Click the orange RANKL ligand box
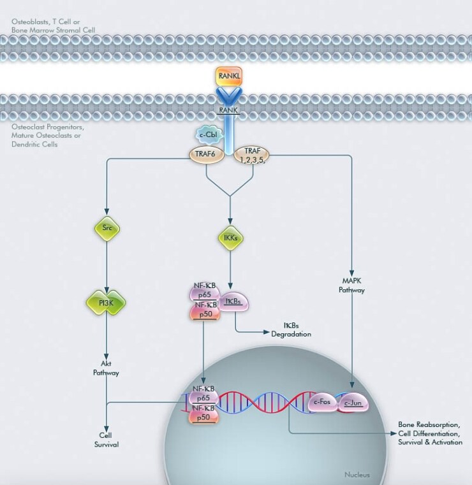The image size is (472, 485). (228, 76)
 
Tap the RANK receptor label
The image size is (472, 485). (228, 110)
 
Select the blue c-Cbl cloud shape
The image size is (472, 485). (207, 135)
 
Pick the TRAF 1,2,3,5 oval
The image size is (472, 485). (251, 154)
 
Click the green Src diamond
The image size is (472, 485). (107, 228)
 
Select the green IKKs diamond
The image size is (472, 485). (230, 238)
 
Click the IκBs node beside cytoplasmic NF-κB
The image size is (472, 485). (233, 301)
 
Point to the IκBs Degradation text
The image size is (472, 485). (291, 329)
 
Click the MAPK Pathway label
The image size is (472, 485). (351, 285)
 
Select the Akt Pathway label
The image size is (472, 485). (106, 368)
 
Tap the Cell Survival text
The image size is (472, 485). (106, 440)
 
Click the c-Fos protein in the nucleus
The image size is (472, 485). (322, 403)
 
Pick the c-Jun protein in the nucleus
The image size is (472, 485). (353, 403)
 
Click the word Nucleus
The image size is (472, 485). (357, 474)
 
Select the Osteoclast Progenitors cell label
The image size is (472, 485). (48, 135)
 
